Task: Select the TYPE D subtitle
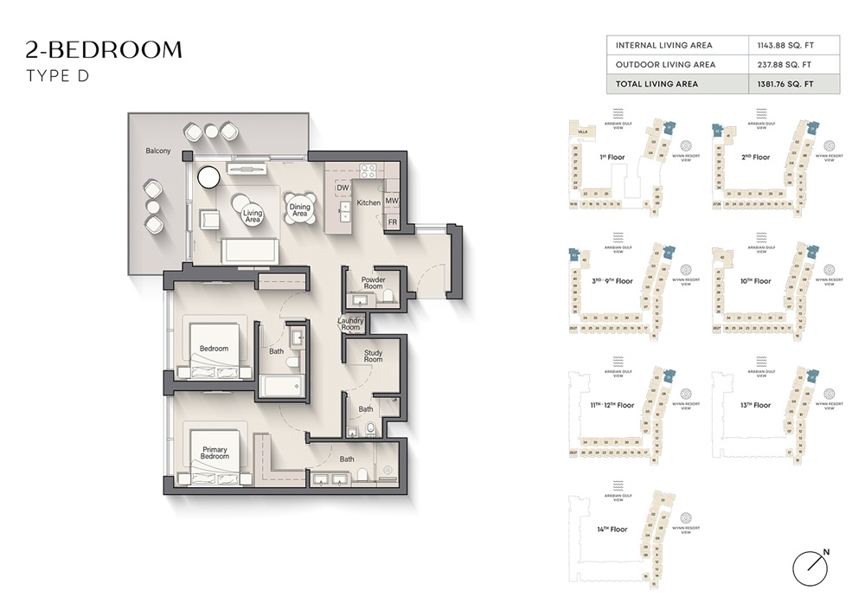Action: (x=58, y=76)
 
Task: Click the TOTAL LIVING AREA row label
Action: (x=657, y=84)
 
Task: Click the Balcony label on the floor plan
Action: (x=158, y=151)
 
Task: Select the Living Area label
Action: (x=252, y=216)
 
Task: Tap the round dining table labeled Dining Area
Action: (x=299, y=208)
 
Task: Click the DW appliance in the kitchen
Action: (x=343, y=188)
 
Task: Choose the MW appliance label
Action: (x=392, y=200)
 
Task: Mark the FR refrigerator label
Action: (x=392, y=222)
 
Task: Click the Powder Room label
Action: (x=373, y=285)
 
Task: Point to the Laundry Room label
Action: (x=350, y=324)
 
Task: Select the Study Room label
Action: (x=373, y=356)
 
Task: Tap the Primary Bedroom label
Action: (x=215, y=453)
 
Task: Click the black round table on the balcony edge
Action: (x=209, y=177)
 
